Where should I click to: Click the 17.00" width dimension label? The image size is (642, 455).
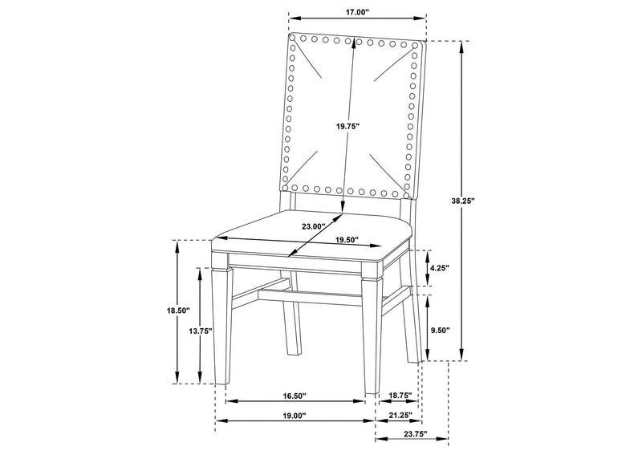(x=357, y=12)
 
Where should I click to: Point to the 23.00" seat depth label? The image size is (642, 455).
(x=313, y=226)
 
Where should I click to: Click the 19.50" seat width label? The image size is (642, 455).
(x=347, y=240)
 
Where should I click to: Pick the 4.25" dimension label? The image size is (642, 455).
(x=440, y=268)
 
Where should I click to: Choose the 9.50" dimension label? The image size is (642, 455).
(x=440, y=330)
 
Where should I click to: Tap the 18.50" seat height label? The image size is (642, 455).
(x=178, y=311)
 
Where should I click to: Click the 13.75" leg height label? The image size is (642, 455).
(x=200, y=331)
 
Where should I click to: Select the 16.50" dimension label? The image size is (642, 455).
(x=295, y=396)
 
